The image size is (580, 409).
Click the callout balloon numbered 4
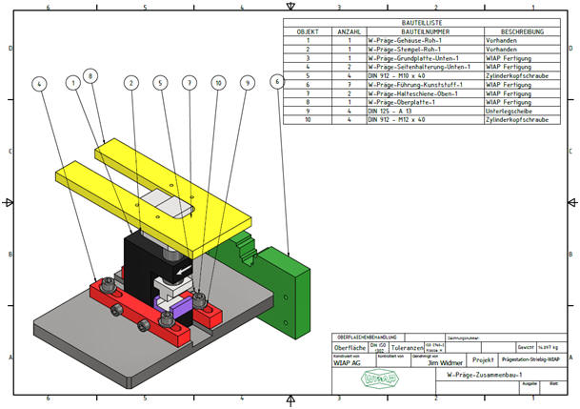(39, 84)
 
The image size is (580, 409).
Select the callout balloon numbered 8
(90, 73)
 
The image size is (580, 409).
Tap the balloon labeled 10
(218, 84)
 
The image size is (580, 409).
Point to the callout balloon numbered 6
(276, 83)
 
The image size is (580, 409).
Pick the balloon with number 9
(247, 84)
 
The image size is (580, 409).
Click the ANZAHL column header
(350, 31)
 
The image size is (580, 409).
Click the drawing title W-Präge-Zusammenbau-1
(481, 377)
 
